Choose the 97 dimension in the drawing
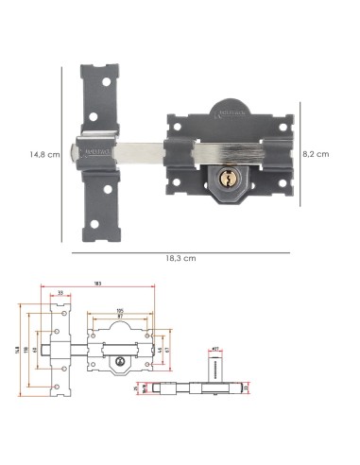pyautogui.click(x=120, y=318)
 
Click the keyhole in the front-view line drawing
pyautogui.click(x=120, y=364)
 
